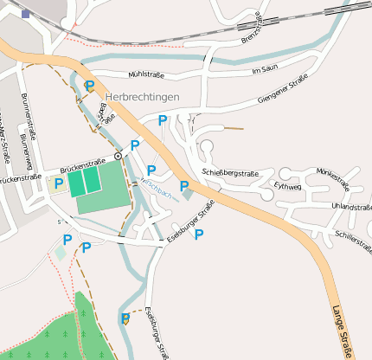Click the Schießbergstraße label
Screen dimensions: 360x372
pos(231,172)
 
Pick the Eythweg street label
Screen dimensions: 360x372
pos(286,185)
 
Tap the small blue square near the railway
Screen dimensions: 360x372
pos(26,14)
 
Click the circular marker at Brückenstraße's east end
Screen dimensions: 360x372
pos(118,156)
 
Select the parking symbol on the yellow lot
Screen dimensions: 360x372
pos(59,183)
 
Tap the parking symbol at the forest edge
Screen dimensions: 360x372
pos(125,318)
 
